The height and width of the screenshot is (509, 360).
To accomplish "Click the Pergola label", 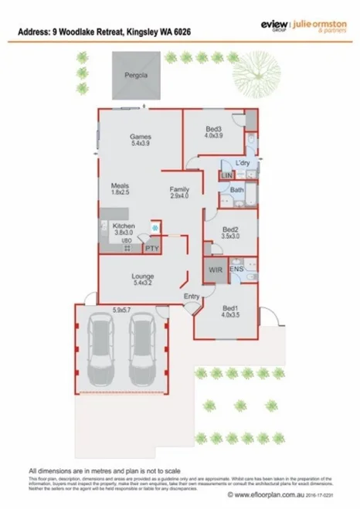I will click(137, 76).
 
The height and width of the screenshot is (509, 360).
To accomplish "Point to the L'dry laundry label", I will click(231, 164).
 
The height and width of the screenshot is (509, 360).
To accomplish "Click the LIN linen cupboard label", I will click(226, 177).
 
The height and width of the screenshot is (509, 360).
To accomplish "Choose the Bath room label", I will click(236, 189).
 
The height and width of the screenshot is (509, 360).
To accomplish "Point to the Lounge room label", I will click(143, 277).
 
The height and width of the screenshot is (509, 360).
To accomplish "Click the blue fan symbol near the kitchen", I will click(155, 227).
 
